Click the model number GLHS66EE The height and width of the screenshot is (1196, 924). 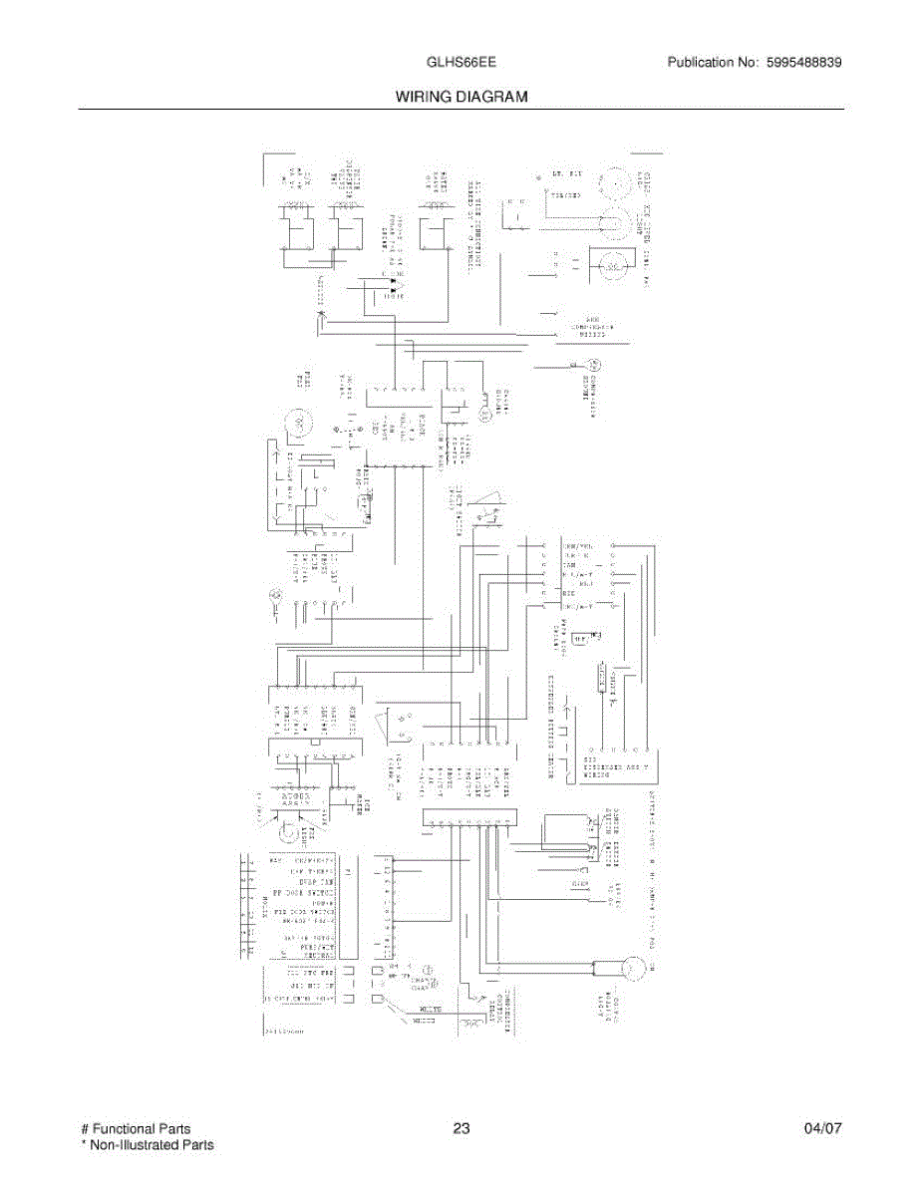462,62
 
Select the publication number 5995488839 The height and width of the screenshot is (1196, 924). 804,62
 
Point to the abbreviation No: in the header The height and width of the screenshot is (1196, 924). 750,62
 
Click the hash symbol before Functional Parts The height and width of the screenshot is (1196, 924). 84,1129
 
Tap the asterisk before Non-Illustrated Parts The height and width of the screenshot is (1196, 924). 84,1146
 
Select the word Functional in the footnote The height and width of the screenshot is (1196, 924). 124,1129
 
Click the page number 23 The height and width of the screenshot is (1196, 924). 461,1129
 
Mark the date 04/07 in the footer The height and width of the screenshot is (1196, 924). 823,1129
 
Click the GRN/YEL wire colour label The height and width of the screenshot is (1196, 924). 579,547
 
